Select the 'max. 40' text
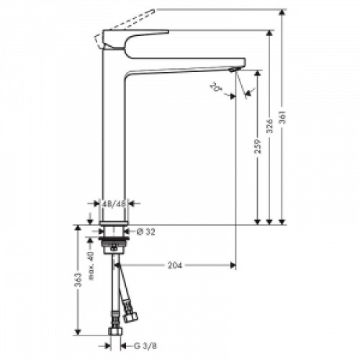coord(91,266)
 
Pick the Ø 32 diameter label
coord(146,232)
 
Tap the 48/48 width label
coord(115,204)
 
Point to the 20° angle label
coord(216,88)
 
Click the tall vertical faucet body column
coord(115,144)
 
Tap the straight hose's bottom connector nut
coord(115,332)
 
